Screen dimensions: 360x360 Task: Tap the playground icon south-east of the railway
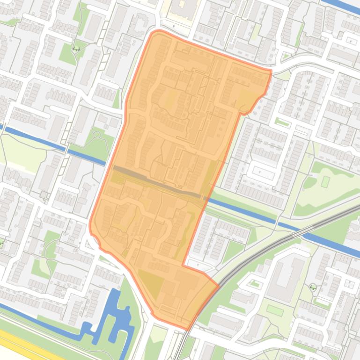[x=312, y=287]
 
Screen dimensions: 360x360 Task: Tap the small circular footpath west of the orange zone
[x=97, y=135]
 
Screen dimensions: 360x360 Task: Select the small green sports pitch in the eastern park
[x=325, y=181]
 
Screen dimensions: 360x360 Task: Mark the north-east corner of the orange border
[x=271, y=71]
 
